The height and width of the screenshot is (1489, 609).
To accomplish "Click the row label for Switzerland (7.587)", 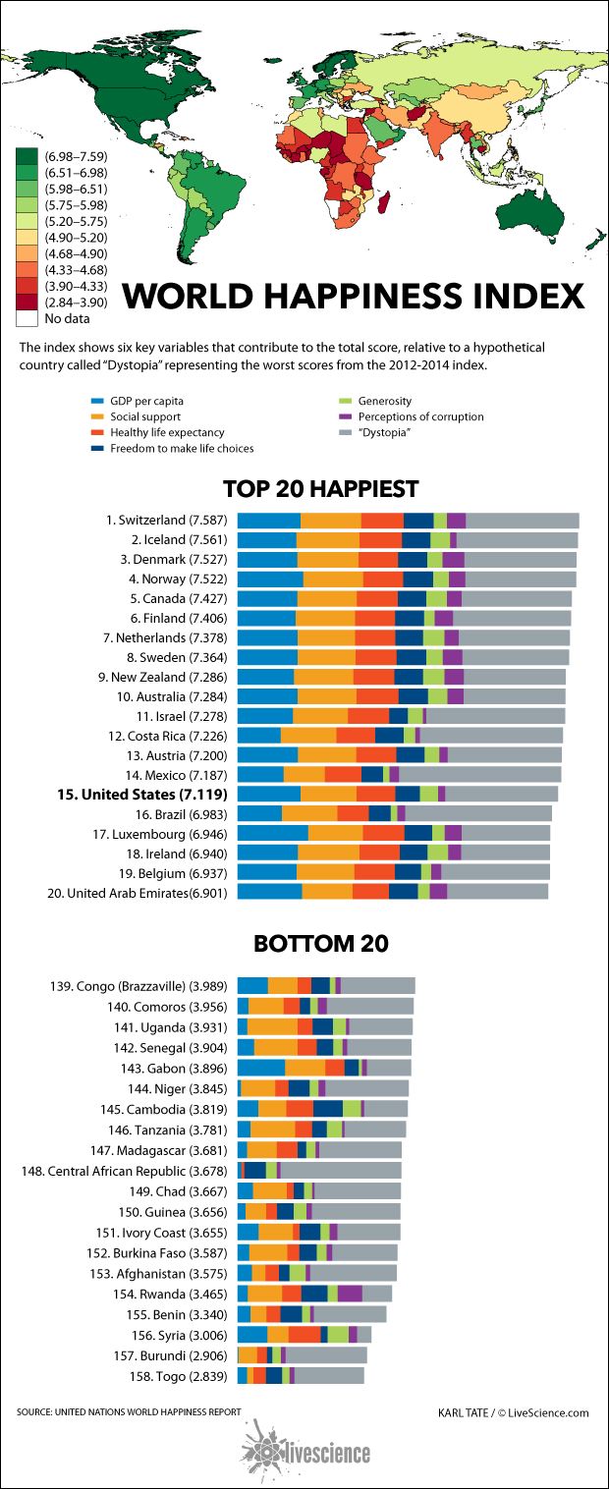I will pyautogui.click(x=167, y=521).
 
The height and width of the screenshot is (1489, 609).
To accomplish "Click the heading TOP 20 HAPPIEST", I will pyautogui.click(x=320, y=488).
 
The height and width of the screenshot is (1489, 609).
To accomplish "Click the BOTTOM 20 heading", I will pyautogui.click(x=320, y=944).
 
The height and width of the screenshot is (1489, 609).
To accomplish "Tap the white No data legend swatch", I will pyautogui.click(x=27, y=318).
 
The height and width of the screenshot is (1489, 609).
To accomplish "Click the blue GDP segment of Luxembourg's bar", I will pyautogui.click(x=272, y=833).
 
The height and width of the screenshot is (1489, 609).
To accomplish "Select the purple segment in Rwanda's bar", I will pyautogui.click(x=350, y=1294).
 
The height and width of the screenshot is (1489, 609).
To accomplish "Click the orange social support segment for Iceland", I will pyautogui.click(x=327, y=540).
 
